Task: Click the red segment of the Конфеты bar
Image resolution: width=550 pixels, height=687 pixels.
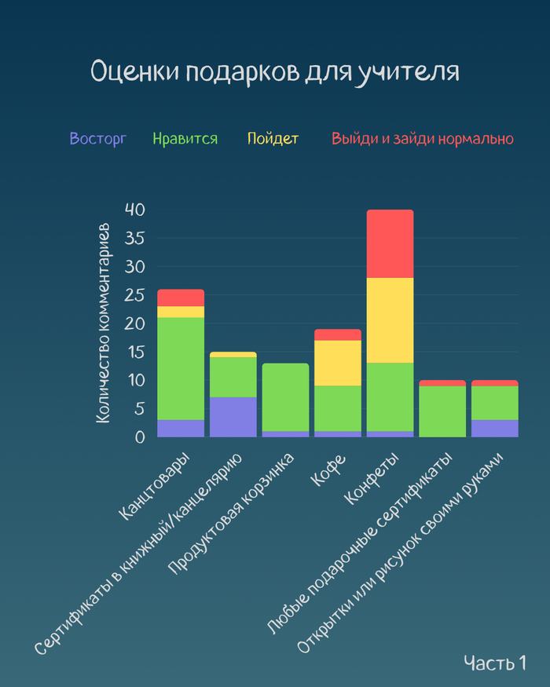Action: (x=390, y=243)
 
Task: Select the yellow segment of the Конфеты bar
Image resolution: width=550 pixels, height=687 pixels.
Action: (x=390, y=320)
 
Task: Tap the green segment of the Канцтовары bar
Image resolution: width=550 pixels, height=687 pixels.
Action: (x=181, y=368)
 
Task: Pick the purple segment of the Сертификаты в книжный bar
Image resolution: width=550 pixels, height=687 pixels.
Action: (x=233, y=416)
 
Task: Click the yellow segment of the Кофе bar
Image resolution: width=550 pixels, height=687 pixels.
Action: (x=338, y=363)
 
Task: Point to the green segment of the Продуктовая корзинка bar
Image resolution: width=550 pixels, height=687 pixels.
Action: (x=285, y=396)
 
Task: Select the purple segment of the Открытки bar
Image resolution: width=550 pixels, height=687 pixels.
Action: (x=494, y=428)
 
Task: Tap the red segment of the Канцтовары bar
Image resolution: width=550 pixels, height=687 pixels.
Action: (x=181, y=298)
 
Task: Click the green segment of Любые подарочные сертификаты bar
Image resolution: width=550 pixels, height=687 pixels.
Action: (x=442, y=411)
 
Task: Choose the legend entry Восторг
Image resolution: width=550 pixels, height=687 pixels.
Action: (x=97, y=139)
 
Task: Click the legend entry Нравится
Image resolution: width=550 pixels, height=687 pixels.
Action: (x=185, y=139)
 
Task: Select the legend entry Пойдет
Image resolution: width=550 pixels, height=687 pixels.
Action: (x=273, y=139)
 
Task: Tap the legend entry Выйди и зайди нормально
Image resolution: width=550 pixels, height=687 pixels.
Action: (x=423, y=139)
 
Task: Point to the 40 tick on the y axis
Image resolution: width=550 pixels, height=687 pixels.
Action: (x=135, y=210)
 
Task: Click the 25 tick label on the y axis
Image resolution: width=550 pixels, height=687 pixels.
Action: (x=135, y=295)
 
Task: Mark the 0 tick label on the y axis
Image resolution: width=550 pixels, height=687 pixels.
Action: (x=140, y=437)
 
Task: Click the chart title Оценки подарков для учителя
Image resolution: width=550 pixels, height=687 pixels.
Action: (x=274, y=71)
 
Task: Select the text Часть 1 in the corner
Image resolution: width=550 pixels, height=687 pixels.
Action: (x=494, y=663)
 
